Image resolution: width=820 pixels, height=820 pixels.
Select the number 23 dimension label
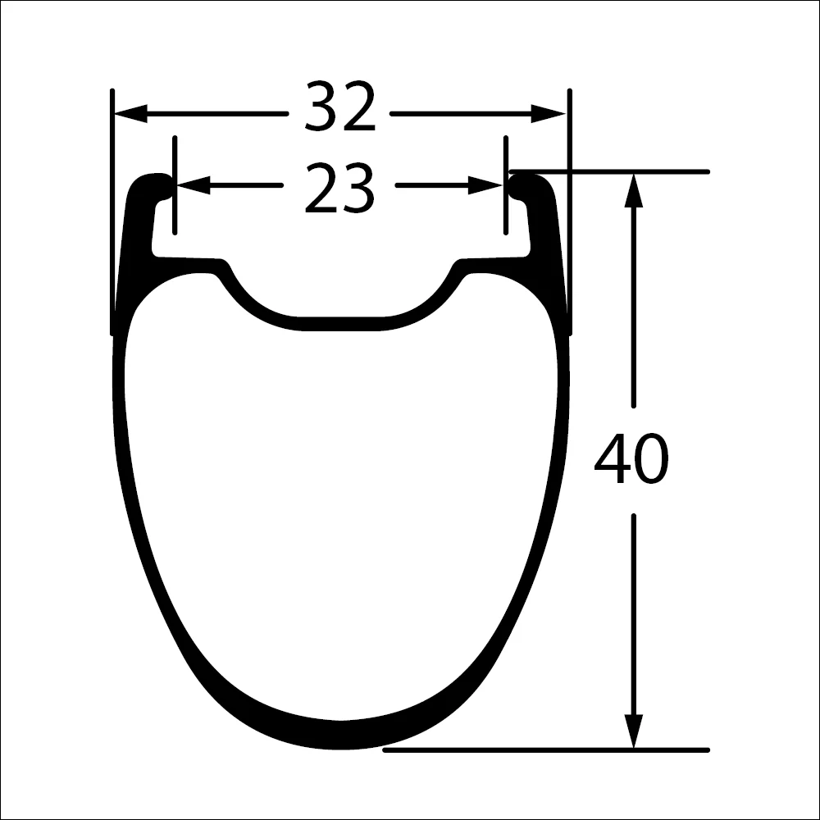pos(339,189)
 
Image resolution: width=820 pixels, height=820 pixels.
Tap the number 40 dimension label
pos(631,460)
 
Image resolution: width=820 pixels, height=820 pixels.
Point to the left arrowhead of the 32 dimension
pos(131,114)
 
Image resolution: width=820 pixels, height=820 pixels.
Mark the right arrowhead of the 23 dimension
pos(485,186)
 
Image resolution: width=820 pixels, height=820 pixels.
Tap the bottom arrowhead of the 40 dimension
pos(632,730)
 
